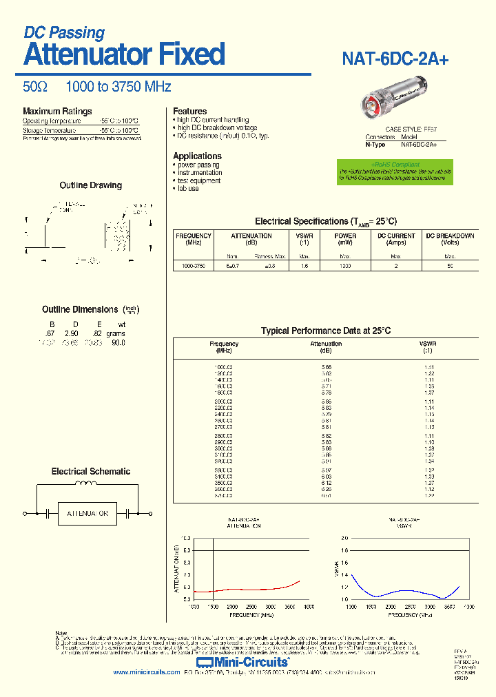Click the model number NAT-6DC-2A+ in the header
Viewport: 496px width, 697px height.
coord(395,59)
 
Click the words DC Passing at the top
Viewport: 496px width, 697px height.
coord(64,32)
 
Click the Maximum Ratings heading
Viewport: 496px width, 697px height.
coord(57,112)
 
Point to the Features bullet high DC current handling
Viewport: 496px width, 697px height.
coord(213,120)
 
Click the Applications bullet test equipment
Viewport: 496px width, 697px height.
coord(199,180)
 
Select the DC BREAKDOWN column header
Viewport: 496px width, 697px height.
coord(450,239)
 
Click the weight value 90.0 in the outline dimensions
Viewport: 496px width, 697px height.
coord(118,342)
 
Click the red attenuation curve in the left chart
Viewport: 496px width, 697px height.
coord(248,589)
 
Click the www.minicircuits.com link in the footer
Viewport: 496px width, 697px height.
coord(146,672)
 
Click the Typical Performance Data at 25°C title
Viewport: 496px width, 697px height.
coord(325,331)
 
